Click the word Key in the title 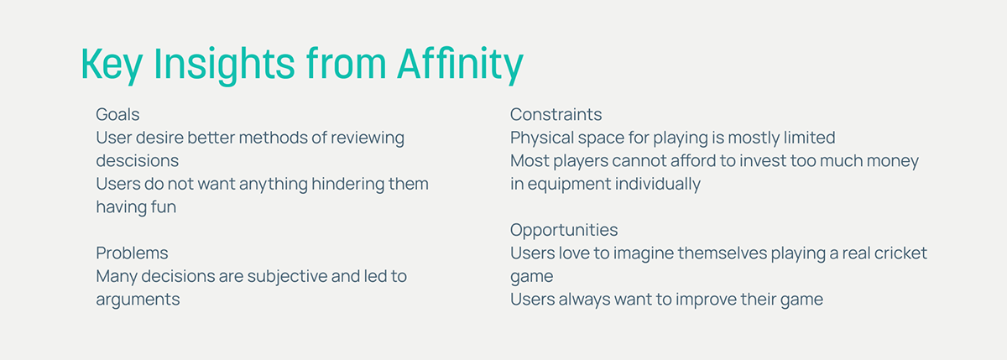pyautogui.click(x=112, y=65)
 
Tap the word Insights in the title pyautogui.click(x=224, y=65)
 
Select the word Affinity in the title pyautogui.click(x=461, y=65)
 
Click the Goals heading pyautogui.click(x=117, y=115)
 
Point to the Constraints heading pyautogui.click(x=556, y=115)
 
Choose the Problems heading pyautogui.click(x=132, y=253)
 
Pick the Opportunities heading pyautogui.click(x=564, y=231)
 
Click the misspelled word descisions pyautogui.click(x=138, y=160)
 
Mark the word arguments pyautogui.click(x=138, y=300)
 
